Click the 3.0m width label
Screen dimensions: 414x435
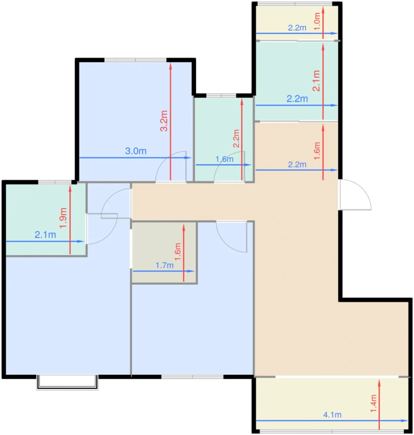[x=136, y=151]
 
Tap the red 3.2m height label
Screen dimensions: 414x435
[x=164, y=121]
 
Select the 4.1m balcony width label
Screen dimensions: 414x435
[x=332, y=414]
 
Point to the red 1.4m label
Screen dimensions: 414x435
[x=374, y=403]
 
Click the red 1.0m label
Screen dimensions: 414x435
[x=317, y=21]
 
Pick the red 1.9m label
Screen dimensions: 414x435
[x=63, y=218]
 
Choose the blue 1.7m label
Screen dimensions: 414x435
[x=165, y=265]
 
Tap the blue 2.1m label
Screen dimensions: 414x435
[x=45, y=235]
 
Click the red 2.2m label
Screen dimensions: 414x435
[x=236, y=139]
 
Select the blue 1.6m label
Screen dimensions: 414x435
[x=225, y=159]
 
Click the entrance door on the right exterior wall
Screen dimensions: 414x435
[x=354, y=195]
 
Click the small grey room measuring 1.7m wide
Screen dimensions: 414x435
[x=164, y=253]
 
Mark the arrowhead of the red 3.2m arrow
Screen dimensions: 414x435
[x=171, y=66]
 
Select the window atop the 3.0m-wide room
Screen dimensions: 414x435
[x=135, y=60]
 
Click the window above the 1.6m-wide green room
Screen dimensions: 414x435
[x=221, y=95]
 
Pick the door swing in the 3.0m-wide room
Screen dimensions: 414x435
[x=171, y=167]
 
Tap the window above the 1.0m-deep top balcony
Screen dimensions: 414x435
[x=295, y=4]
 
